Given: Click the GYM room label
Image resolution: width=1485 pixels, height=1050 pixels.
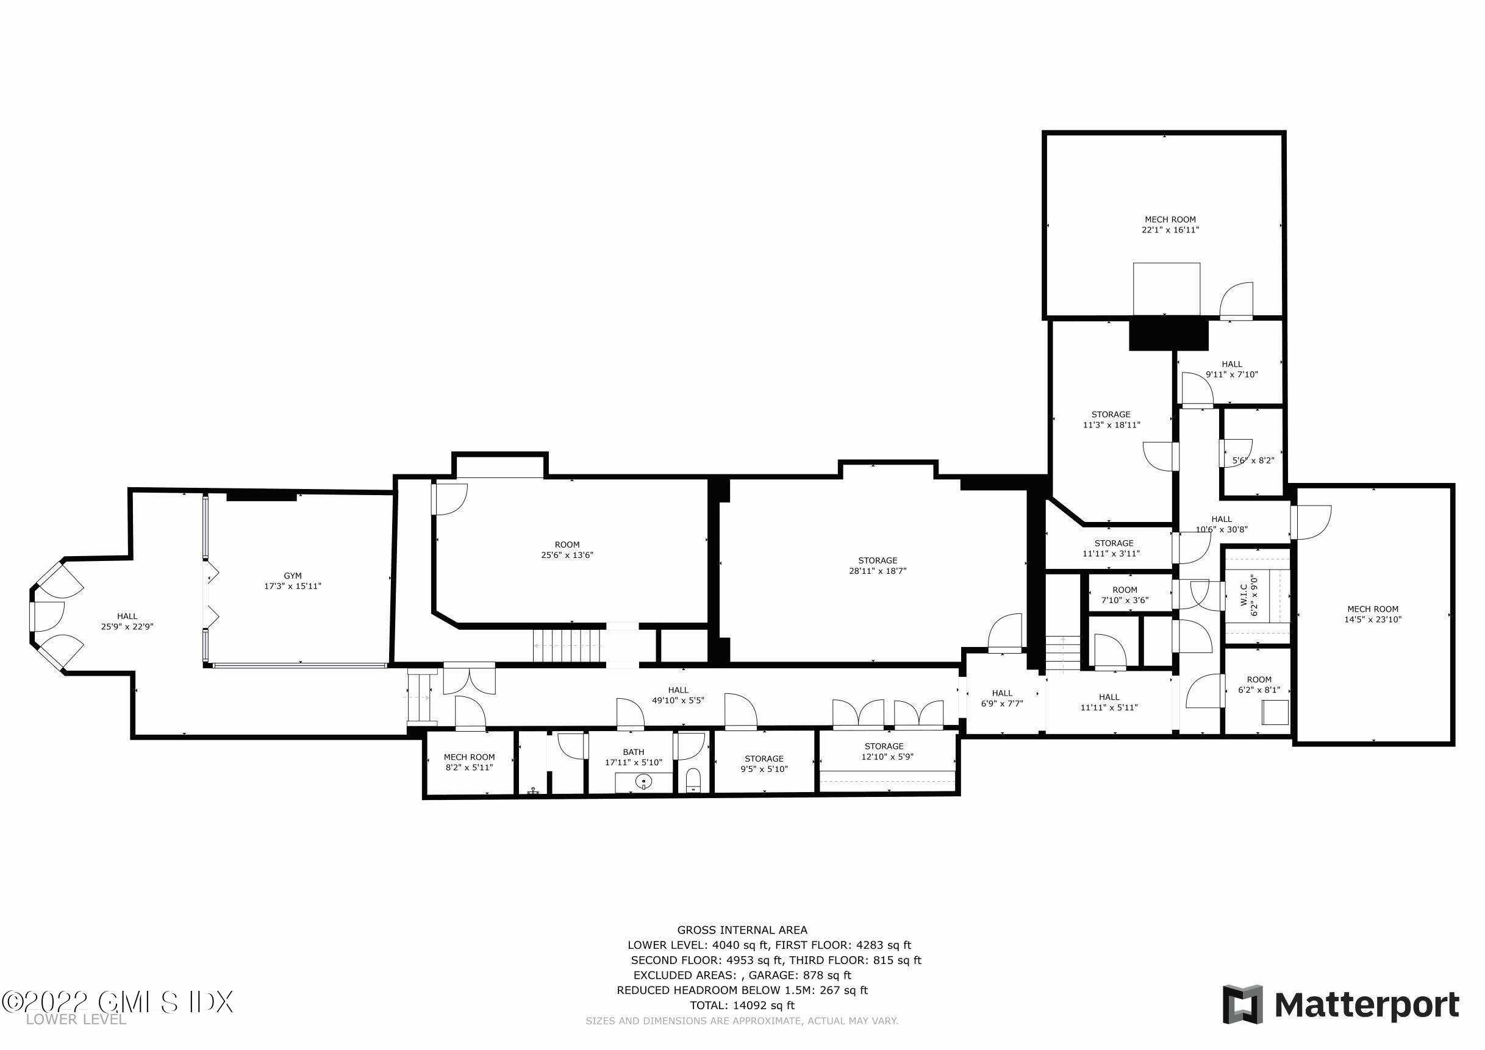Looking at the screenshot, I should pyautogui.click(x=292, y=580).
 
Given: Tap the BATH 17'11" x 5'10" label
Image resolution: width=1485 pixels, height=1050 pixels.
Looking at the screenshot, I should pyautogui.click(x=633, y=757).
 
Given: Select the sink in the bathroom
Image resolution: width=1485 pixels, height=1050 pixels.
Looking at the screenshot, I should pyautogui.click(x=644, y=782).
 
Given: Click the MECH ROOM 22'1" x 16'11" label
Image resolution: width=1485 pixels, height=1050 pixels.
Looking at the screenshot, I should pyautogui.click(x=1170, y=224).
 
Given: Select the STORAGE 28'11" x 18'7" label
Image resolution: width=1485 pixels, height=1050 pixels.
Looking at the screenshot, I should pyautogui.click(x=877, y=565).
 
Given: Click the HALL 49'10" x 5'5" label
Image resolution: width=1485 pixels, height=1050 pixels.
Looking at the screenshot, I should pyautogui.click(x=678, y=695).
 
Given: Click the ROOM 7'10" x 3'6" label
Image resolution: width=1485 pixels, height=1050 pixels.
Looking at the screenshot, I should pyautogui.click(x=1125, y=594).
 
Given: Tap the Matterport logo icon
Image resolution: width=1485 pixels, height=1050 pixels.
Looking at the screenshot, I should pyautogui.click(x=1242, y=1004).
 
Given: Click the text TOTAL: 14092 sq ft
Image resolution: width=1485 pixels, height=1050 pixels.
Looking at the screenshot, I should pyautogui.click(x=741, y=1005).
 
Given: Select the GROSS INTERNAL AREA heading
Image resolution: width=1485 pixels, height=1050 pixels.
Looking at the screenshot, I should pyautogui.click(x=742, y=930).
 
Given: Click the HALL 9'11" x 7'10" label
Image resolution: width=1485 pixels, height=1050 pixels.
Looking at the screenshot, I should pyautogui.click(x=1231, y=368).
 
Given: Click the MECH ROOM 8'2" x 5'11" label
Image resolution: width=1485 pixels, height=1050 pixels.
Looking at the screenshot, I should pyautogui.click(x=469, y=762).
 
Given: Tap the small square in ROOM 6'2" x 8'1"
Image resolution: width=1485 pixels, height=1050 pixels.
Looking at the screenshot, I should pyautogui.click(x=1275, y=712).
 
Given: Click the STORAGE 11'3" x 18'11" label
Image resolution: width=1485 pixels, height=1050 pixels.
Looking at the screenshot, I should pyautogui.click(x=1111, y=420).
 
